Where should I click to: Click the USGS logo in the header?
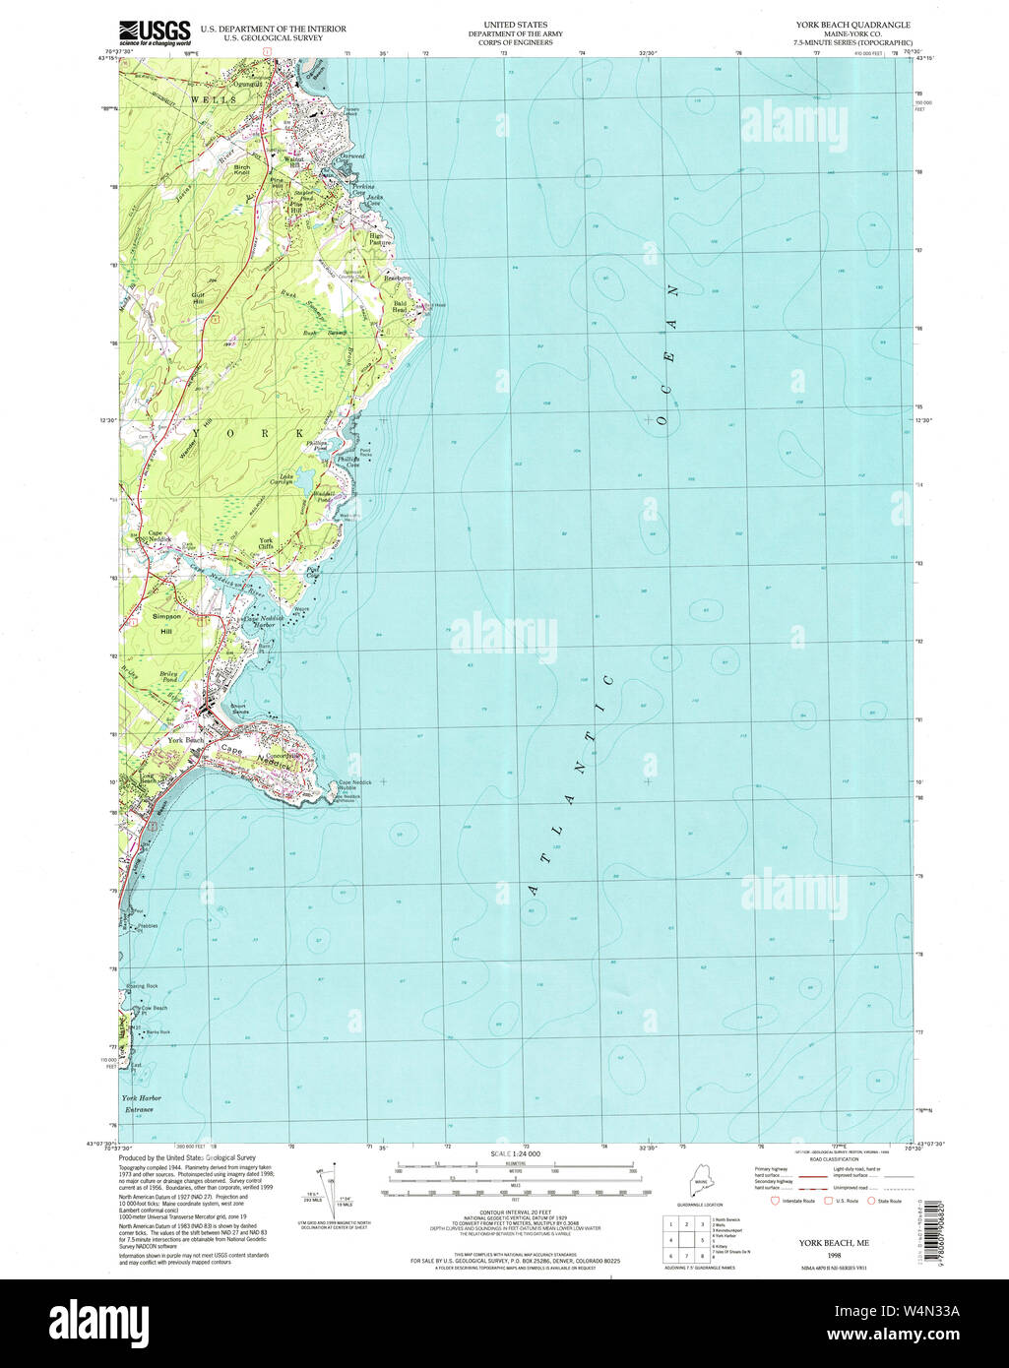156,34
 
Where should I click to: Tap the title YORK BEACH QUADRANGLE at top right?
846,25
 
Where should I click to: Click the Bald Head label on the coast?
401,306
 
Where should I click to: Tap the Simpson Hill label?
167,622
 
